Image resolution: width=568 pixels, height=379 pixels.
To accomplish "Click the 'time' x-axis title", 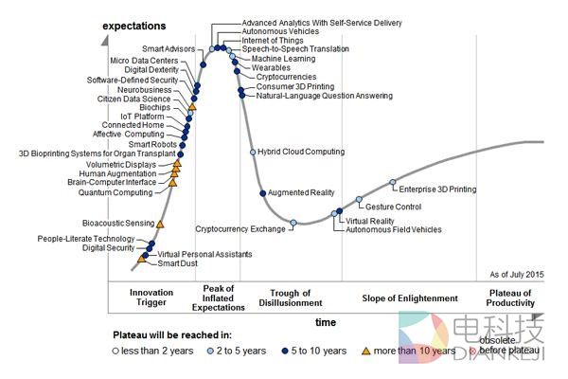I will click(x=325, y=323).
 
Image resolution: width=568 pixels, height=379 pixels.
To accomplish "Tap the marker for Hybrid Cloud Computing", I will click(x=252, y=152).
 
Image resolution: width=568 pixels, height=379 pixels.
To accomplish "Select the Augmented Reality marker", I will click(x=262, y=193).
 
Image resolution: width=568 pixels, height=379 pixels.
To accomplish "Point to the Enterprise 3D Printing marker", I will click(x=392, y=182).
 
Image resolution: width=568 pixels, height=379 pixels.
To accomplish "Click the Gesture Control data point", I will click(x=359, y=200).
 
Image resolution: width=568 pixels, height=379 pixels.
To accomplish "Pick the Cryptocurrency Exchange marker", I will click(x=293, y=223).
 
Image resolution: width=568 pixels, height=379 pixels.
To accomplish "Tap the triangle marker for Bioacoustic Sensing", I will click(x=160, y=224).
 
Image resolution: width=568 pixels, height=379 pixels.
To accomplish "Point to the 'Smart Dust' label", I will click(x=177, y=263).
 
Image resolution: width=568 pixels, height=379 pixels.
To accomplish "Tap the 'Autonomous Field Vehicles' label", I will click(x=393, y=229).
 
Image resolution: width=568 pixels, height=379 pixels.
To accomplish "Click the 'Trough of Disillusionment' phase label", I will click(x=291, y=298).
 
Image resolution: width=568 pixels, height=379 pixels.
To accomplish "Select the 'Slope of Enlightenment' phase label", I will click(x=410, y=298).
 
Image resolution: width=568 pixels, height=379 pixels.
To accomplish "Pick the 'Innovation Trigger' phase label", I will click(x=151, y=298).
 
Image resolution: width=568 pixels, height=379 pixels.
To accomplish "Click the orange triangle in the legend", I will click(x=366, y=351).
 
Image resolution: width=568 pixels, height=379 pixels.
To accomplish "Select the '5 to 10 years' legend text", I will click(x=325, y=351).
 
